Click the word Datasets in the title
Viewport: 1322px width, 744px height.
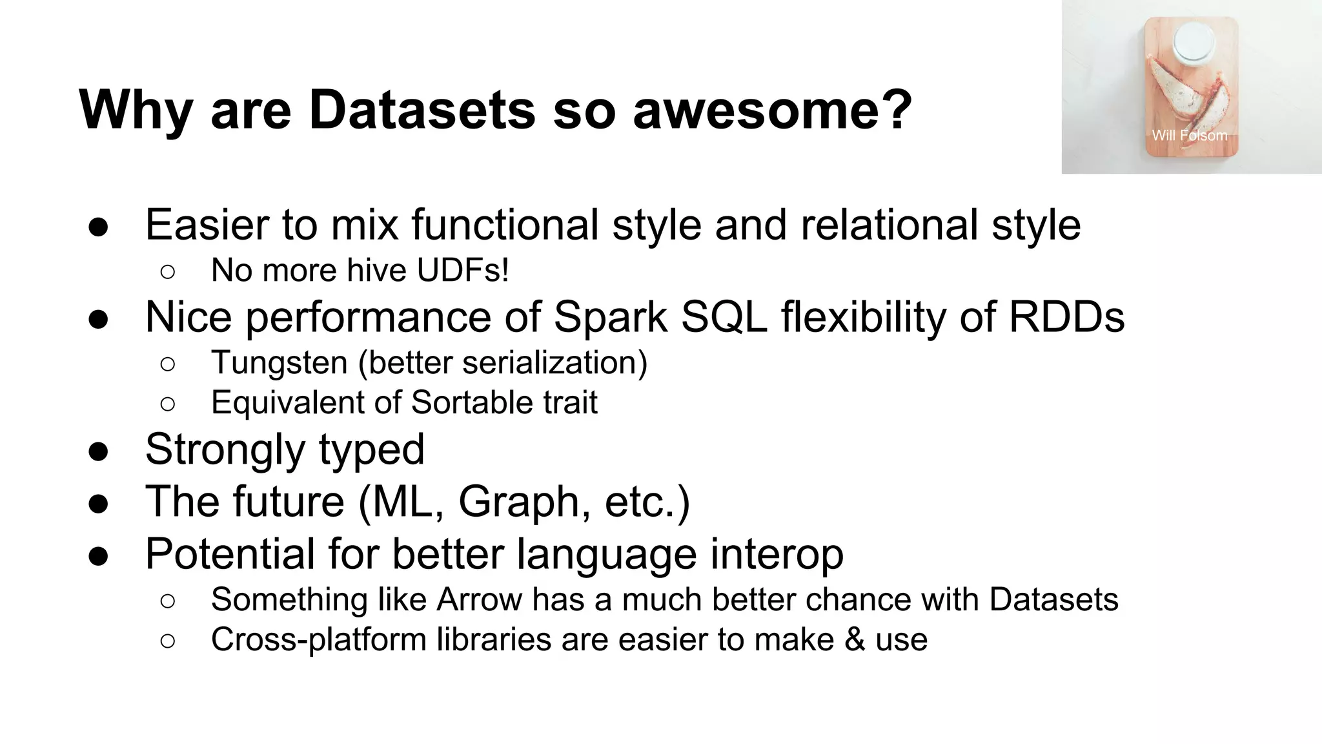(422, 110)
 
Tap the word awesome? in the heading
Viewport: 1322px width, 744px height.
(772, 110)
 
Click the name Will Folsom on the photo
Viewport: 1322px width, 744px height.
(1189, 136)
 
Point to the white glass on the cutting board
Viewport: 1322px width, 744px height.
(1194, 42)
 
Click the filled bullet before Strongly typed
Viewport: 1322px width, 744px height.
(98, 451)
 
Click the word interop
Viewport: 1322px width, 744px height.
(777, 554)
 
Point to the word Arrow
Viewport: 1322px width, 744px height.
(479, 599)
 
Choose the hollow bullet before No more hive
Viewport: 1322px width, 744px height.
(167, 272)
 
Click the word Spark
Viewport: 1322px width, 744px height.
(610, 317)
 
